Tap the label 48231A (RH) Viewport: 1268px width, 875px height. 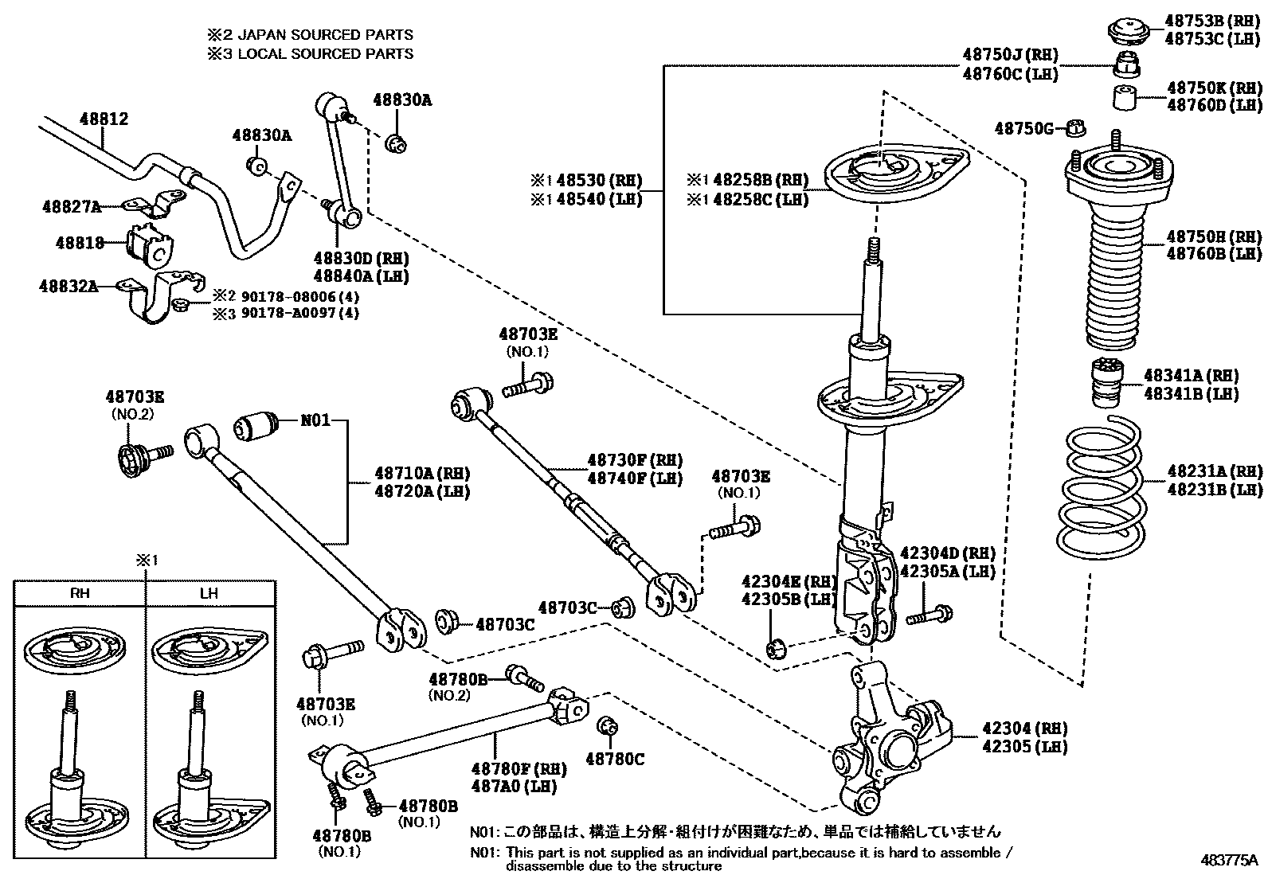click(x=1214, y=471)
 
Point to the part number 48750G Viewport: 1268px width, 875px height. click(x=1024, y=127)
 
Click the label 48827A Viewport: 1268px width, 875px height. click(x=72, y=207)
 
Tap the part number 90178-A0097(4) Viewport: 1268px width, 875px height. click(x=295, y=313)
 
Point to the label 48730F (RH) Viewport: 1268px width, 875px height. click(x=635, y=460)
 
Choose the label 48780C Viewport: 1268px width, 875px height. click(x=615, y=759)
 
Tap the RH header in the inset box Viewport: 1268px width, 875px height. click(x=80, y=593)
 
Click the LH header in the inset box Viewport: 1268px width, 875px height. click(x=209, y=593)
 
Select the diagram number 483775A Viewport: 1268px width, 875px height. click(x=1229, y=860)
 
